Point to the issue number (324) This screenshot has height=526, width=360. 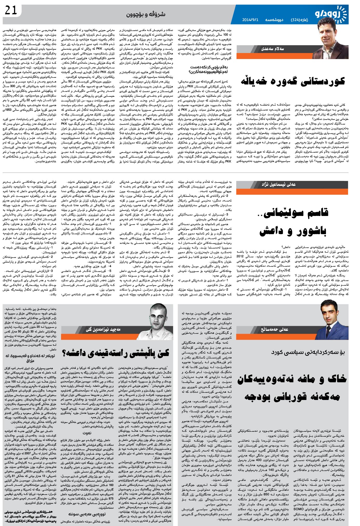click(296, 20)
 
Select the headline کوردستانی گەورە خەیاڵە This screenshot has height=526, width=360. click(293, 81)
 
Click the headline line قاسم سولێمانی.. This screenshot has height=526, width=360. click(295, 213)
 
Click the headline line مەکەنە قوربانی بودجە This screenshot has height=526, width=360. click(292, 397)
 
